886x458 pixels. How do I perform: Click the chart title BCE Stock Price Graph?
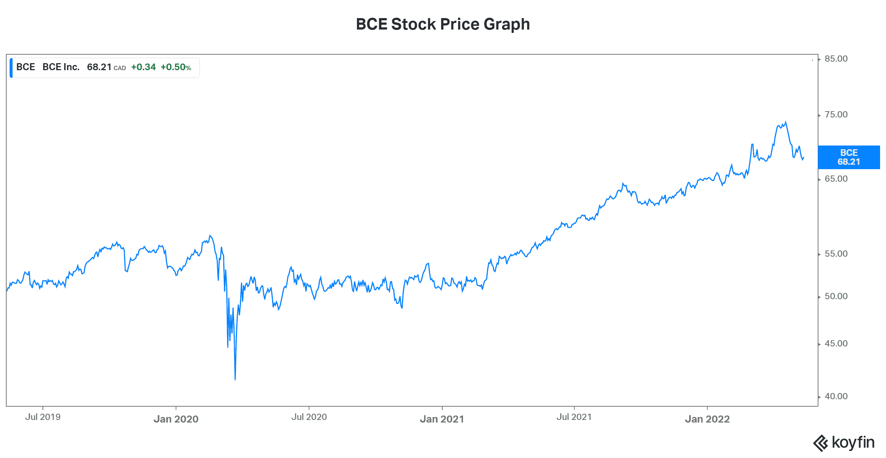pos(443,24)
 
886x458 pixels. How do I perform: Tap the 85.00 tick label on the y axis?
pos(836,59)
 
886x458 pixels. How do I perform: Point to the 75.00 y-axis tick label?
pos(836,115)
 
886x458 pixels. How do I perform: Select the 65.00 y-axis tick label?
pos(836,179)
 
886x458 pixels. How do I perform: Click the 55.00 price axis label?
pos(836,254)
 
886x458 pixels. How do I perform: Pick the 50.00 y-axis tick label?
pos(836,296)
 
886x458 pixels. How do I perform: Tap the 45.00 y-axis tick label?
pos(836,343)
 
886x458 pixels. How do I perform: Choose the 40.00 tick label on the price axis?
pos(836,396)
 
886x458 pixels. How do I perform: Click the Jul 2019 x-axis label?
pos(43,417)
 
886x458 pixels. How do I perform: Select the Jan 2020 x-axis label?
pos(176,419)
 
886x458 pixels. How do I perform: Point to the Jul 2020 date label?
pos(309,417)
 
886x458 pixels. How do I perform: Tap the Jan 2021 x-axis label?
pos(442,419)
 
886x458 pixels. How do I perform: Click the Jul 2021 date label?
pos(574,417)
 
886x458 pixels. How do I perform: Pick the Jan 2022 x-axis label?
pos(707,419)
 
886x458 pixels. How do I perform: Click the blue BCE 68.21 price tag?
pos(849,157)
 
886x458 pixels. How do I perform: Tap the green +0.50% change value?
pos(176,67)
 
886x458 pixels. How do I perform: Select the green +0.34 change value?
pos(143,67)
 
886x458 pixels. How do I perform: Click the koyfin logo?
pos(844,442)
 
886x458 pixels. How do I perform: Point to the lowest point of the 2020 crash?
pos(235,379)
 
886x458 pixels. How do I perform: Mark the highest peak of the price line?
pos(786,122)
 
